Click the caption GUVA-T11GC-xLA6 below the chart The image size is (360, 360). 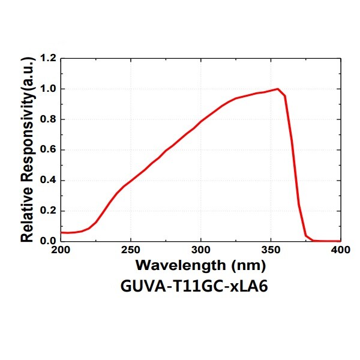[x=200, y=286]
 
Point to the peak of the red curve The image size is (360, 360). [x=278, y=89]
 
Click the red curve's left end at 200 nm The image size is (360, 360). [x=61, y=232]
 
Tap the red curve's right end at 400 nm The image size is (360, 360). [x=340, y=241]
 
